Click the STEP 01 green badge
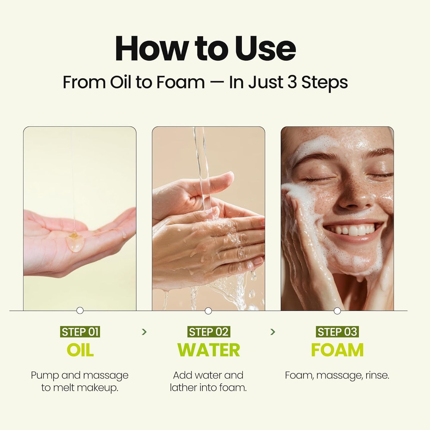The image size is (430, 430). [80, 332]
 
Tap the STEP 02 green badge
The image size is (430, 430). [209, 332]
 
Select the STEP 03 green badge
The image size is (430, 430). [337, 332]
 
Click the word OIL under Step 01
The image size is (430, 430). [80, 350]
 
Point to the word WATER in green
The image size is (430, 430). [209, 350]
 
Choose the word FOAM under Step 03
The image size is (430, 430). [337, 350]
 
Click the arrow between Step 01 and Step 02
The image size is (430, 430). [144, 332]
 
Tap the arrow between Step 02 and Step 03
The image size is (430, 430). [273, 332]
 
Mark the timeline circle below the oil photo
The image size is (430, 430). [80, 311]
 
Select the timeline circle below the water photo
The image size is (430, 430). [208, 311]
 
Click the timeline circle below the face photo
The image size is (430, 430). [337, 311]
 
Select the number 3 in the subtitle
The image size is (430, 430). [292, 82]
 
